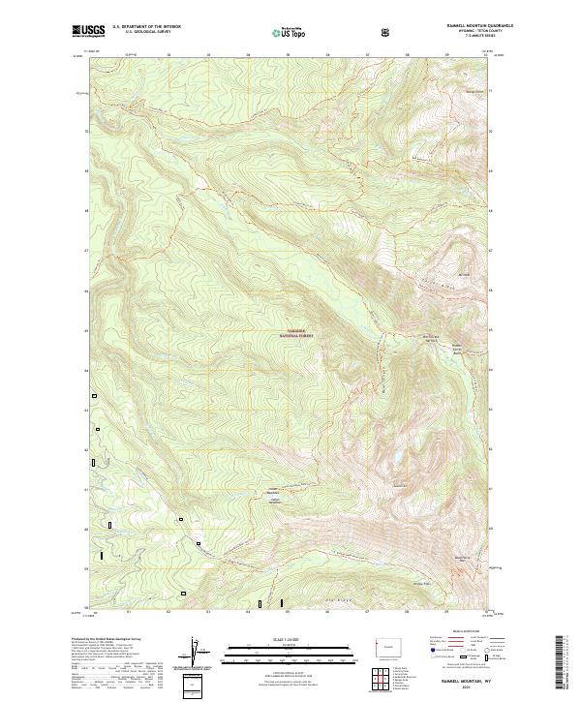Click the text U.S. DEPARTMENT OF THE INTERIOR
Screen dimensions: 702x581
coord(147,27)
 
